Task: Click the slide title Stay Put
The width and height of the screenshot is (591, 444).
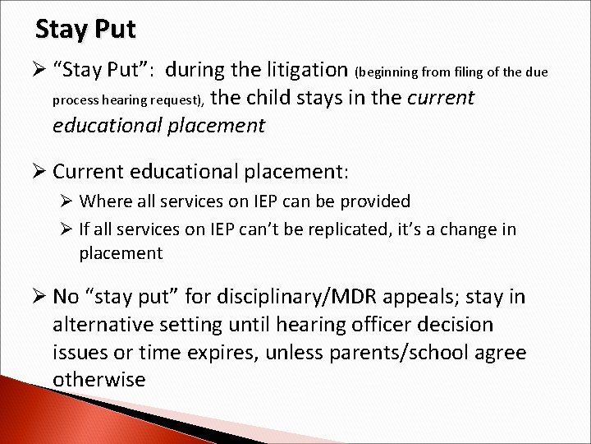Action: pos(85,30)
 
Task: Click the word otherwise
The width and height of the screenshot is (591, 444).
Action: pos(98,379)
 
